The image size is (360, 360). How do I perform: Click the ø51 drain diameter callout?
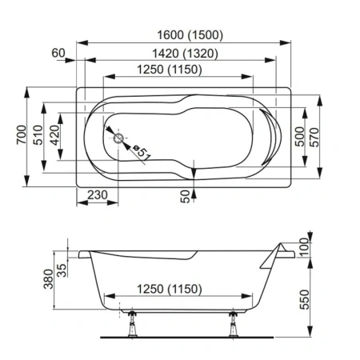tap(142, 150)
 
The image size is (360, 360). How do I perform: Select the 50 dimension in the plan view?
tap(186, 196)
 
